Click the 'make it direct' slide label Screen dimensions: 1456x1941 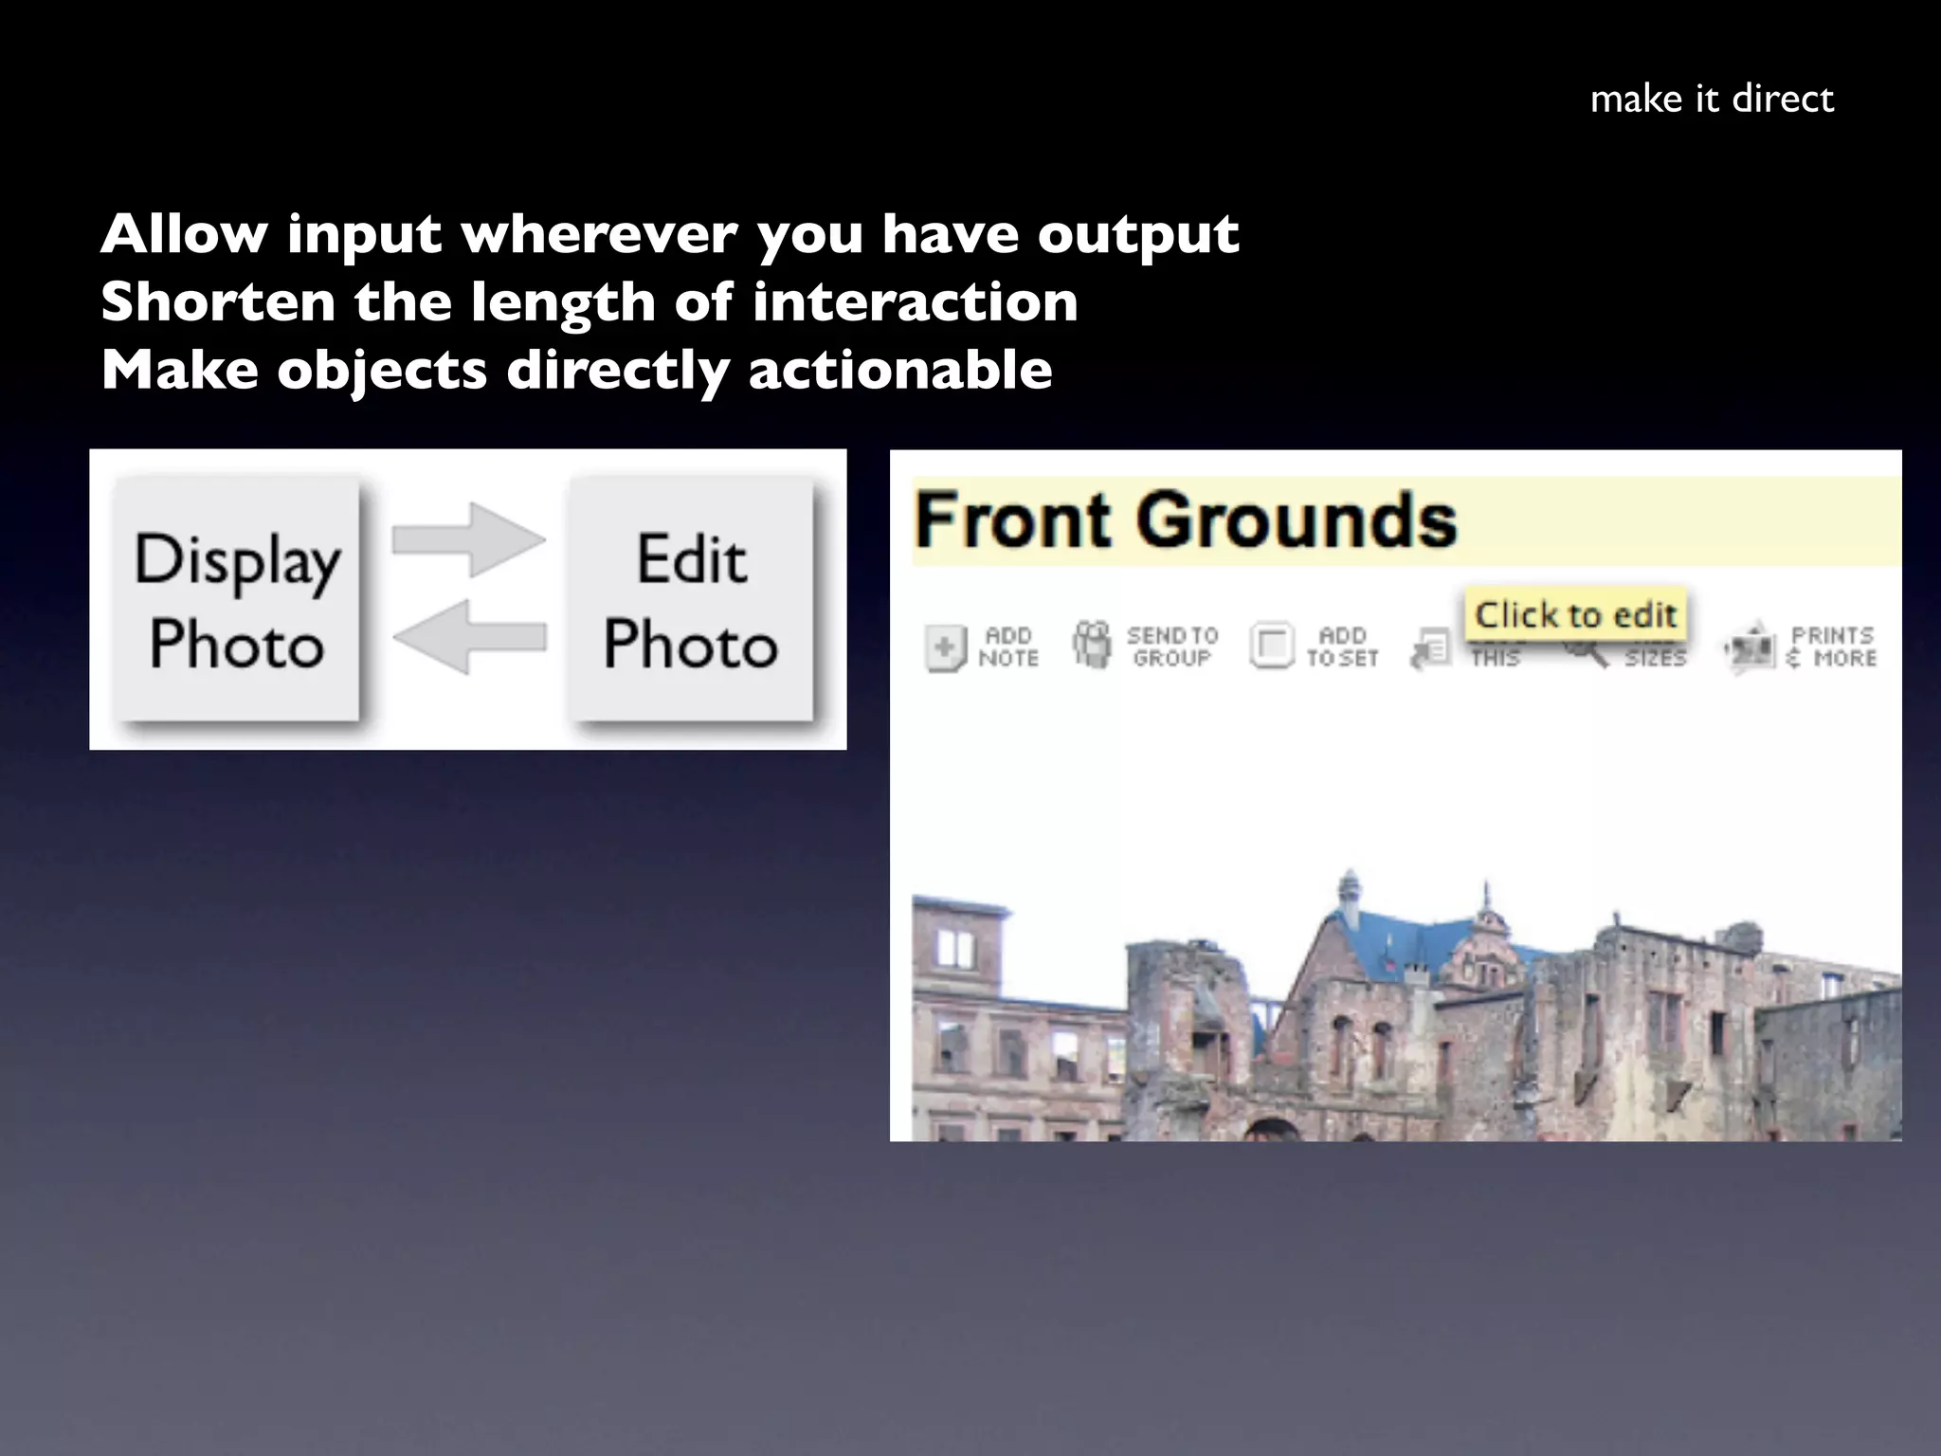(x=1712, y=99)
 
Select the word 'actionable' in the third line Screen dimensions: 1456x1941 (x=899, y=370)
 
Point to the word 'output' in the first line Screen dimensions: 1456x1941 (x=1137, y=235)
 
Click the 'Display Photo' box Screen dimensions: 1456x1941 (x=237, y=600)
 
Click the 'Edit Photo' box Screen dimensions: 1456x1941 (x=691, y=600)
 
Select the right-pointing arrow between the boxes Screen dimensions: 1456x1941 (x=469, y=539)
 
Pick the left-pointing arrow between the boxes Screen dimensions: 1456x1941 (x=469, y=636)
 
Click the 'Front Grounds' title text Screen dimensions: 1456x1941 (x=1185, y=520)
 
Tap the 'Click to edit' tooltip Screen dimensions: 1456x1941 (x=1575, y=614)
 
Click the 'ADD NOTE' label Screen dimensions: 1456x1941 (x=1008, y=646)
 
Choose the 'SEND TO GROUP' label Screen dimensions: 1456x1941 (x=1171, y=646)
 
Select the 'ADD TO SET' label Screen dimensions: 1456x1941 (x=1342, y=646)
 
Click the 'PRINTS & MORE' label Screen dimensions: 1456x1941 (x=1831, y=646)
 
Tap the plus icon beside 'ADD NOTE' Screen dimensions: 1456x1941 (x=945, y=648)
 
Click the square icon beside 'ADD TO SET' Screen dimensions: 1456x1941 (x=1271, y=646)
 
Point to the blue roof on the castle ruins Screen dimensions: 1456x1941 (x=1393, y=934)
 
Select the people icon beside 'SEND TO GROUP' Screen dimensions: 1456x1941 (x=1091, y=645)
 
